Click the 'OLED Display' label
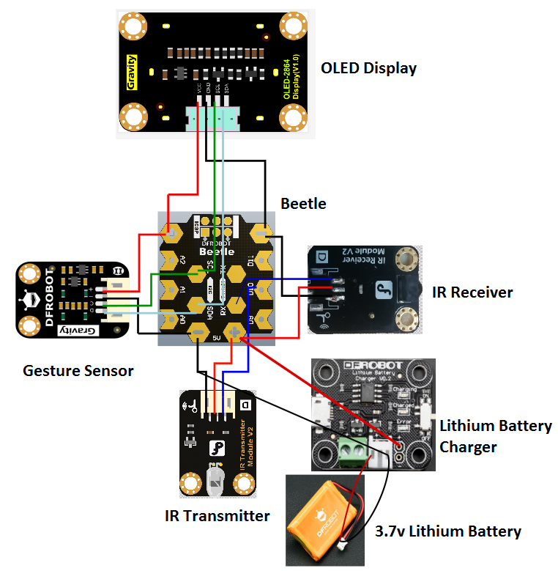tap(368, 68)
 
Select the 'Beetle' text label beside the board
tap(303, 203)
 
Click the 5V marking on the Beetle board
tap(216, 338)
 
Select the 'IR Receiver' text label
tap(472, 292)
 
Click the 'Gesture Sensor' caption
tap(78, 371)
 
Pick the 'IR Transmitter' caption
tap(217, 516)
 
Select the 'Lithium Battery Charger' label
tap(495, 436)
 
